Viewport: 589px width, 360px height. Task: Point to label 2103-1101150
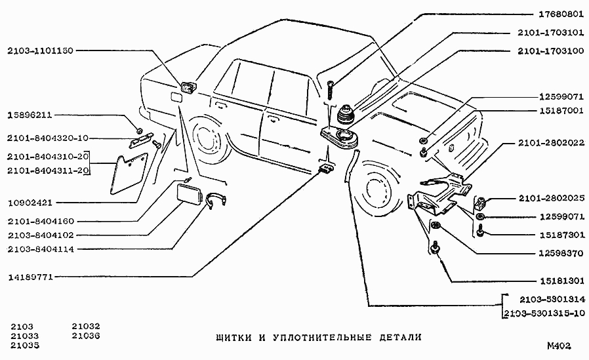(x=41, y=50)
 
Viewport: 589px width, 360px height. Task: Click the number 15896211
(x=29, y=115)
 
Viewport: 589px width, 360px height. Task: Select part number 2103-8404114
(x=41, y=249)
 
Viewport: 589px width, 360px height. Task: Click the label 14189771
(x=30, y=277)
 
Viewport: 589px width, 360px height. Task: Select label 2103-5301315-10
(x=545, y=313)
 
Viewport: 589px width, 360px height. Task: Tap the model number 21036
(x=86, y=336)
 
